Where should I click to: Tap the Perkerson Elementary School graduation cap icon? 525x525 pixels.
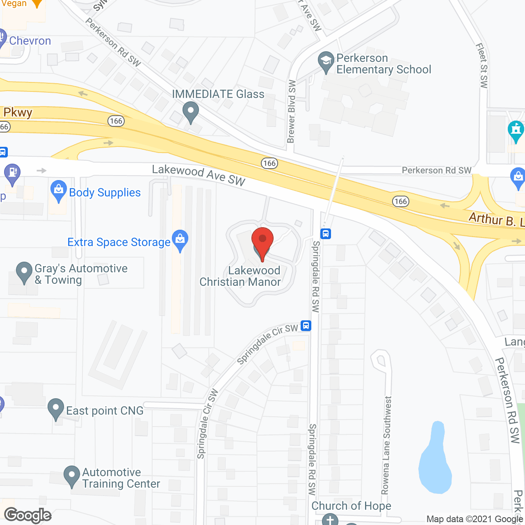click(326, 62)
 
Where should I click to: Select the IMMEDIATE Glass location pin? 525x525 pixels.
click(190, 112)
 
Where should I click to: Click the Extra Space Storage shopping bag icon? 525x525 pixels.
click(180, 240)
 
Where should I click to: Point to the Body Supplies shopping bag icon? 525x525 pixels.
click(59, 191)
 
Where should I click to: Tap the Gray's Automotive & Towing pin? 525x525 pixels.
click(24, 272)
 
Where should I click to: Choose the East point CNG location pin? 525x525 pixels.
click(56, 409)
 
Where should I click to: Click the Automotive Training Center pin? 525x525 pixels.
click(72, 476)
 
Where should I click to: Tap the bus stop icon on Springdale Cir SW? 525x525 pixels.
click(306, 326)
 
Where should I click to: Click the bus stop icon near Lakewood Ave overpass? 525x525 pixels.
click(326, 234)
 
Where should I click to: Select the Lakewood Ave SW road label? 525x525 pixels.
click(199, 175)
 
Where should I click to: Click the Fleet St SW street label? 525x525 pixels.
click(482, 66)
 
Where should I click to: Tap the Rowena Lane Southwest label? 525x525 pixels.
click(386, 445)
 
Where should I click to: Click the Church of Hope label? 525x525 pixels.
click(351, 506)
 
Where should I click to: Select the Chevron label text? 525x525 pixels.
click(30, 41)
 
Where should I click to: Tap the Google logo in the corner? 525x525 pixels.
click(28, 515)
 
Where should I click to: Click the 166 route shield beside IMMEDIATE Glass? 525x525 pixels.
click(116, 121)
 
